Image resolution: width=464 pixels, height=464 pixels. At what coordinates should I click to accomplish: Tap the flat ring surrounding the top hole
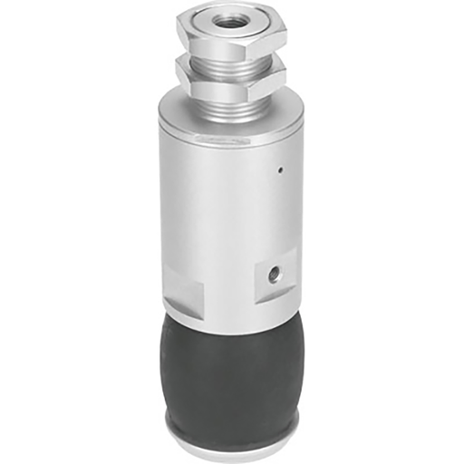pyautogui.click(x=243, y=22)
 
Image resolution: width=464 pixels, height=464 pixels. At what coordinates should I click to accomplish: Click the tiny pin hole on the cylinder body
pyautogui.click(x=282, y=169)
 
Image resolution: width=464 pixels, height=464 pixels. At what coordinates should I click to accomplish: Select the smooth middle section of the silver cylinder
pyautogui.click(x=222, y=208)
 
